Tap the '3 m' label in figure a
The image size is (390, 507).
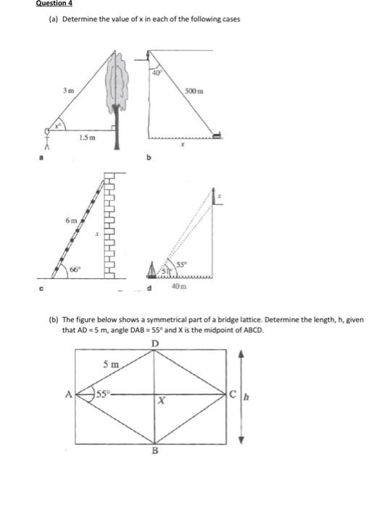(67, 91)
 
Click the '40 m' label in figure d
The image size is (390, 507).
(178, 288)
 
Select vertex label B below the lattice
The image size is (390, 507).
(154, 450)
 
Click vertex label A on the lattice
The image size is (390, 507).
(69, 395)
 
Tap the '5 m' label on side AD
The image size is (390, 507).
(110, 364)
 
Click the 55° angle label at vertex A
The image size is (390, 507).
(106, 395)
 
